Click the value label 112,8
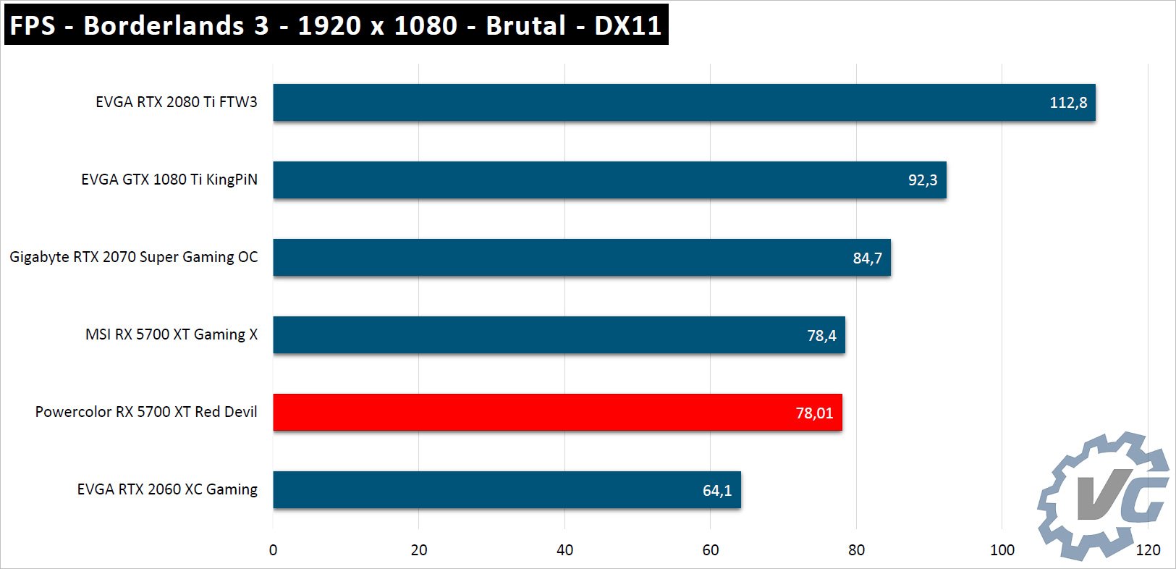[x=1068, y=103]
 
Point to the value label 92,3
[x=923, y=180]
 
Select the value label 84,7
[x=867, y=258]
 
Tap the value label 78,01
[x=814, y=413]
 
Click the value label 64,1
[x=717, y=491]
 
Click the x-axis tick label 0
[x=273, y=550]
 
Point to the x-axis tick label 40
[x=564, y=550]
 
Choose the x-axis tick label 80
[x=856, y=550]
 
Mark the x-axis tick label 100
[x=1002, y=550]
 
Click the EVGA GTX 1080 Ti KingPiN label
[x=169, y=180]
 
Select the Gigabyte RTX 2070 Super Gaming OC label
[x=134, y=257]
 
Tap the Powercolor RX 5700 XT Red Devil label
[x=146, y=412]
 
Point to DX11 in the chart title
[x=627, y=25]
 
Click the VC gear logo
[x=1104, y=496]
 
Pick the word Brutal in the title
[x=526, y=25]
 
